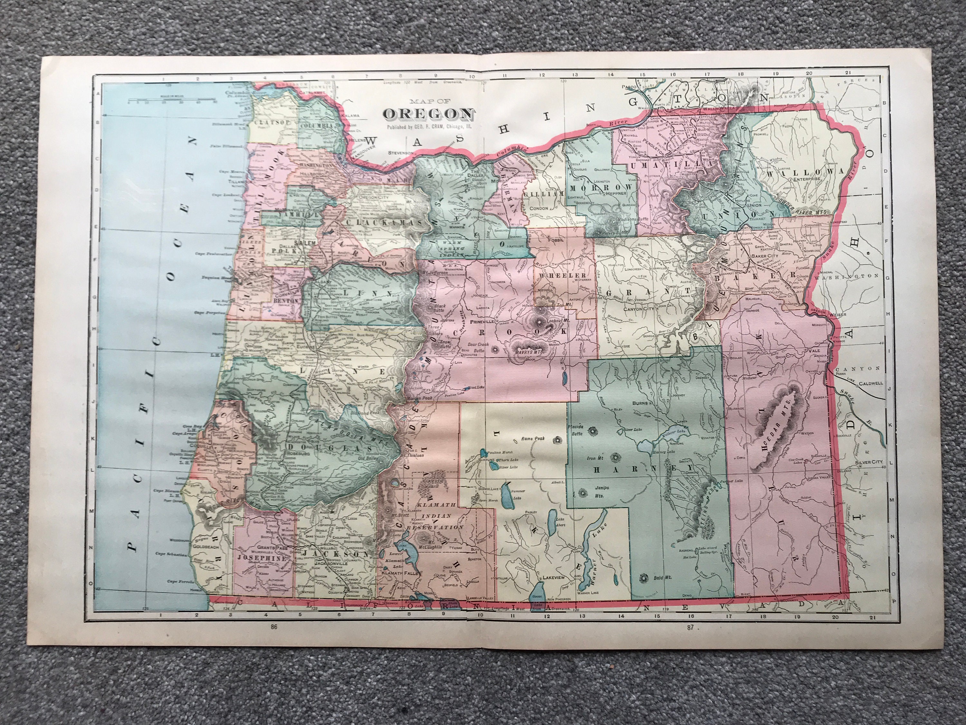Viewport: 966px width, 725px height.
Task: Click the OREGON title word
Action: (x=428, y=114)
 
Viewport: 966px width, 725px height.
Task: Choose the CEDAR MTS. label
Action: (x=774, y=434)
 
